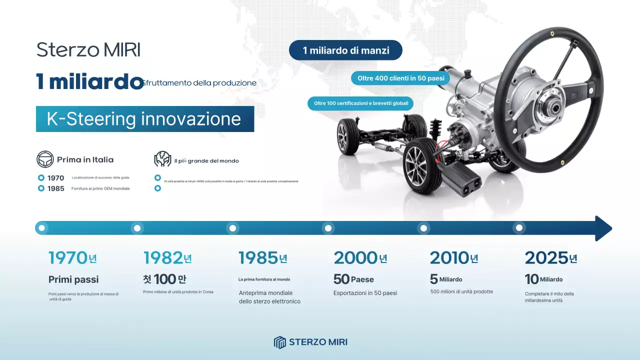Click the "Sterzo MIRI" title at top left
(x=88, y=50)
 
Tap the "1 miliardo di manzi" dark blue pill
(x=345, y=50)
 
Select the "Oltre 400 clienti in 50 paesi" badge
(x=400, y=78)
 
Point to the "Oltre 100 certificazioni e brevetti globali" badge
(x=360, y=103)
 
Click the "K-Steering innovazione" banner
(x=144, y=119)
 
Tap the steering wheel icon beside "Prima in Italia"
(x=45, y=159)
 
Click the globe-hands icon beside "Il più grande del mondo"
(x=162, y=159)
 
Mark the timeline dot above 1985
(x=232, y=228)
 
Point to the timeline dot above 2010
(x=423, y=228)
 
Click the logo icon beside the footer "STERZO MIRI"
(x=279, y=342)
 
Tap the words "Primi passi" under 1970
(x=73, y=279)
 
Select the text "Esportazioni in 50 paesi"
(x=365, y=293)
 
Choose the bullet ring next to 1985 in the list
(x=41, y=188)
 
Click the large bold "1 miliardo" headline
(x=90, y=82)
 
